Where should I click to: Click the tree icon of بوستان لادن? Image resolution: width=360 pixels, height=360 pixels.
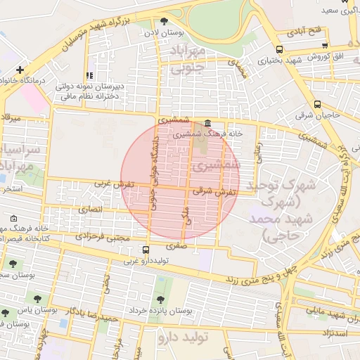(165, 22)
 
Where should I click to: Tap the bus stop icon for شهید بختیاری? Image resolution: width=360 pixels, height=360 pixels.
(280, 50)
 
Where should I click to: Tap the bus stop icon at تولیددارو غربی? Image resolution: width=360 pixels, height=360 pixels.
(146, 250)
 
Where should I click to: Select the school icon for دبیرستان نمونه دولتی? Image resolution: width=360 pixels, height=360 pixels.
(89, 75)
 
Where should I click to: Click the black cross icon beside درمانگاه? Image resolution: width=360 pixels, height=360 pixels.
(20, 70)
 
